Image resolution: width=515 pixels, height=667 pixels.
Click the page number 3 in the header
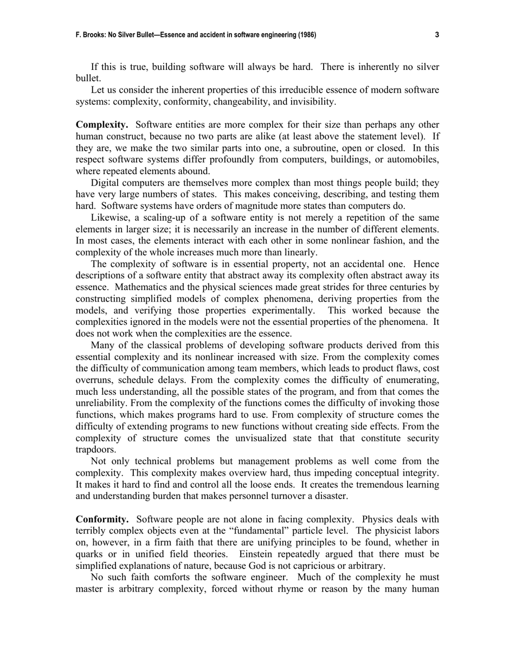(437, 35)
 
